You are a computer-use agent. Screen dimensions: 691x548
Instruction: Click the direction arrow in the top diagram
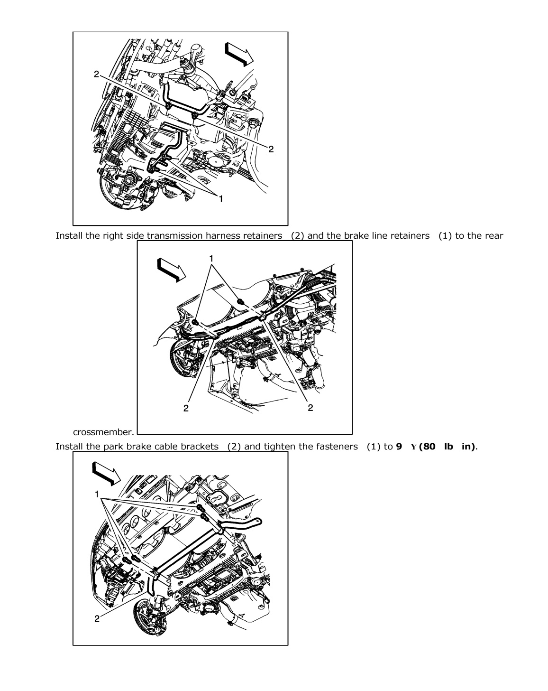tap(239, 53)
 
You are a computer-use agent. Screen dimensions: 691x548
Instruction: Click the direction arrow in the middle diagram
tap(172, 270)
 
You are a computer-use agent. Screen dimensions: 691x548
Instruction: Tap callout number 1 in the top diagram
tap(220, 199)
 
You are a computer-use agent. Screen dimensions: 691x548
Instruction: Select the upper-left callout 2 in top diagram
tap(96, 75)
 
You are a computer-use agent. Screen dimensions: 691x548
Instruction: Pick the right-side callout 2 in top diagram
tap(271, 149)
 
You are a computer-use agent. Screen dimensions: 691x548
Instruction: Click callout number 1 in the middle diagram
tap(211, 259)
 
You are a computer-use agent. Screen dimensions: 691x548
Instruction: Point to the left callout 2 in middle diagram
tap(186, 408)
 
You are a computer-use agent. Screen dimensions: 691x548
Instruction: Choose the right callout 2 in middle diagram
tap(310, 408)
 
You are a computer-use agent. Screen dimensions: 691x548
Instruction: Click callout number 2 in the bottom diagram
tap(97, 619)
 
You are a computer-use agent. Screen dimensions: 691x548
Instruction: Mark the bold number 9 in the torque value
tap(399, 447)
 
